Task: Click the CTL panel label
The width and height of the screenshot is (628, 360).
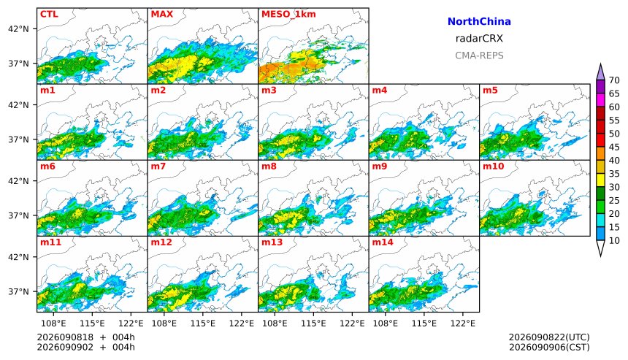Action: click(49, 14)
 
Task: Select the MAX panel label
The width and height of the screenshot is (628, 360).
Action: click(162, 14)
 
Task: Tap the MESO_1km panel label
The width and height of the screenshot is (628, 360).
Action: click(288, 15)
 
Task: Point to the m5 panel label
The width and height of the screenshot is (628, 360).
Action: click(490, 90)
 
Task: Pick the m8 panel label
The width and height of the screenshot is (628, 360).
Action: click(269, 166)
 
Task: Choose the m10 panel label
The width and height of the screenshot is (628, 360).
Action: click(493, 166)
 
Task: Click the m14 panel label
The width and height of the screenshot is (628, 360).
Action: click(383, 242)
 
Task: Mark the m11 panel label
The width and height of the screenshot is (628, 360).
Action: click(50, 242)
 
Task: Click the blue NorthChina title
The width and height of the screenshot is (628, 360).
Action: click(479, 22)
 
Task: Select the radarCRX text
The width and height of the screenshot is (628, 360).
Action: click(479, 39)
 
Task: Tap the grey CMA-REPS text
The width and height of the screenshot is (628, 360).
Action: click(479, 55)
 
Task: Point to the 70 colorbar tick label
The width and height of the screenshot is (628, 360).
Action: click(614, 80)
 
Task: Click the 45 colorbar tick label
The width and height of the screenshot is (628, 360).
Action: click(614, 147)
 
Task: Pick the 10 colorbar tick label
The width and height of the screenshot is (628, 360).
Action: click(614, 241)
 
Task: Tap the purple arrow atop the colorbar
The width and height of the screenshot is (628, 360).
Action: click(600, 72)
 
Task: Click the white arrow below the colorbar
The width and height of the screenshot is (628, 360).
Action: click(600, 248)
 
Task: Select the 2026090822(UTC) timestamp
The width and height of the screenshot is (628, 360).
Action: click(549, 337)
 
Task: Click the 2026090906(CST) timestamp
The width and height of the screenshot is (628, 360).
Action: click(549, 347)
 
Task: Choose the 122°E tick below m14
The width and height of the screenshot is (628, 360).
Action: click(463, 323)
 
